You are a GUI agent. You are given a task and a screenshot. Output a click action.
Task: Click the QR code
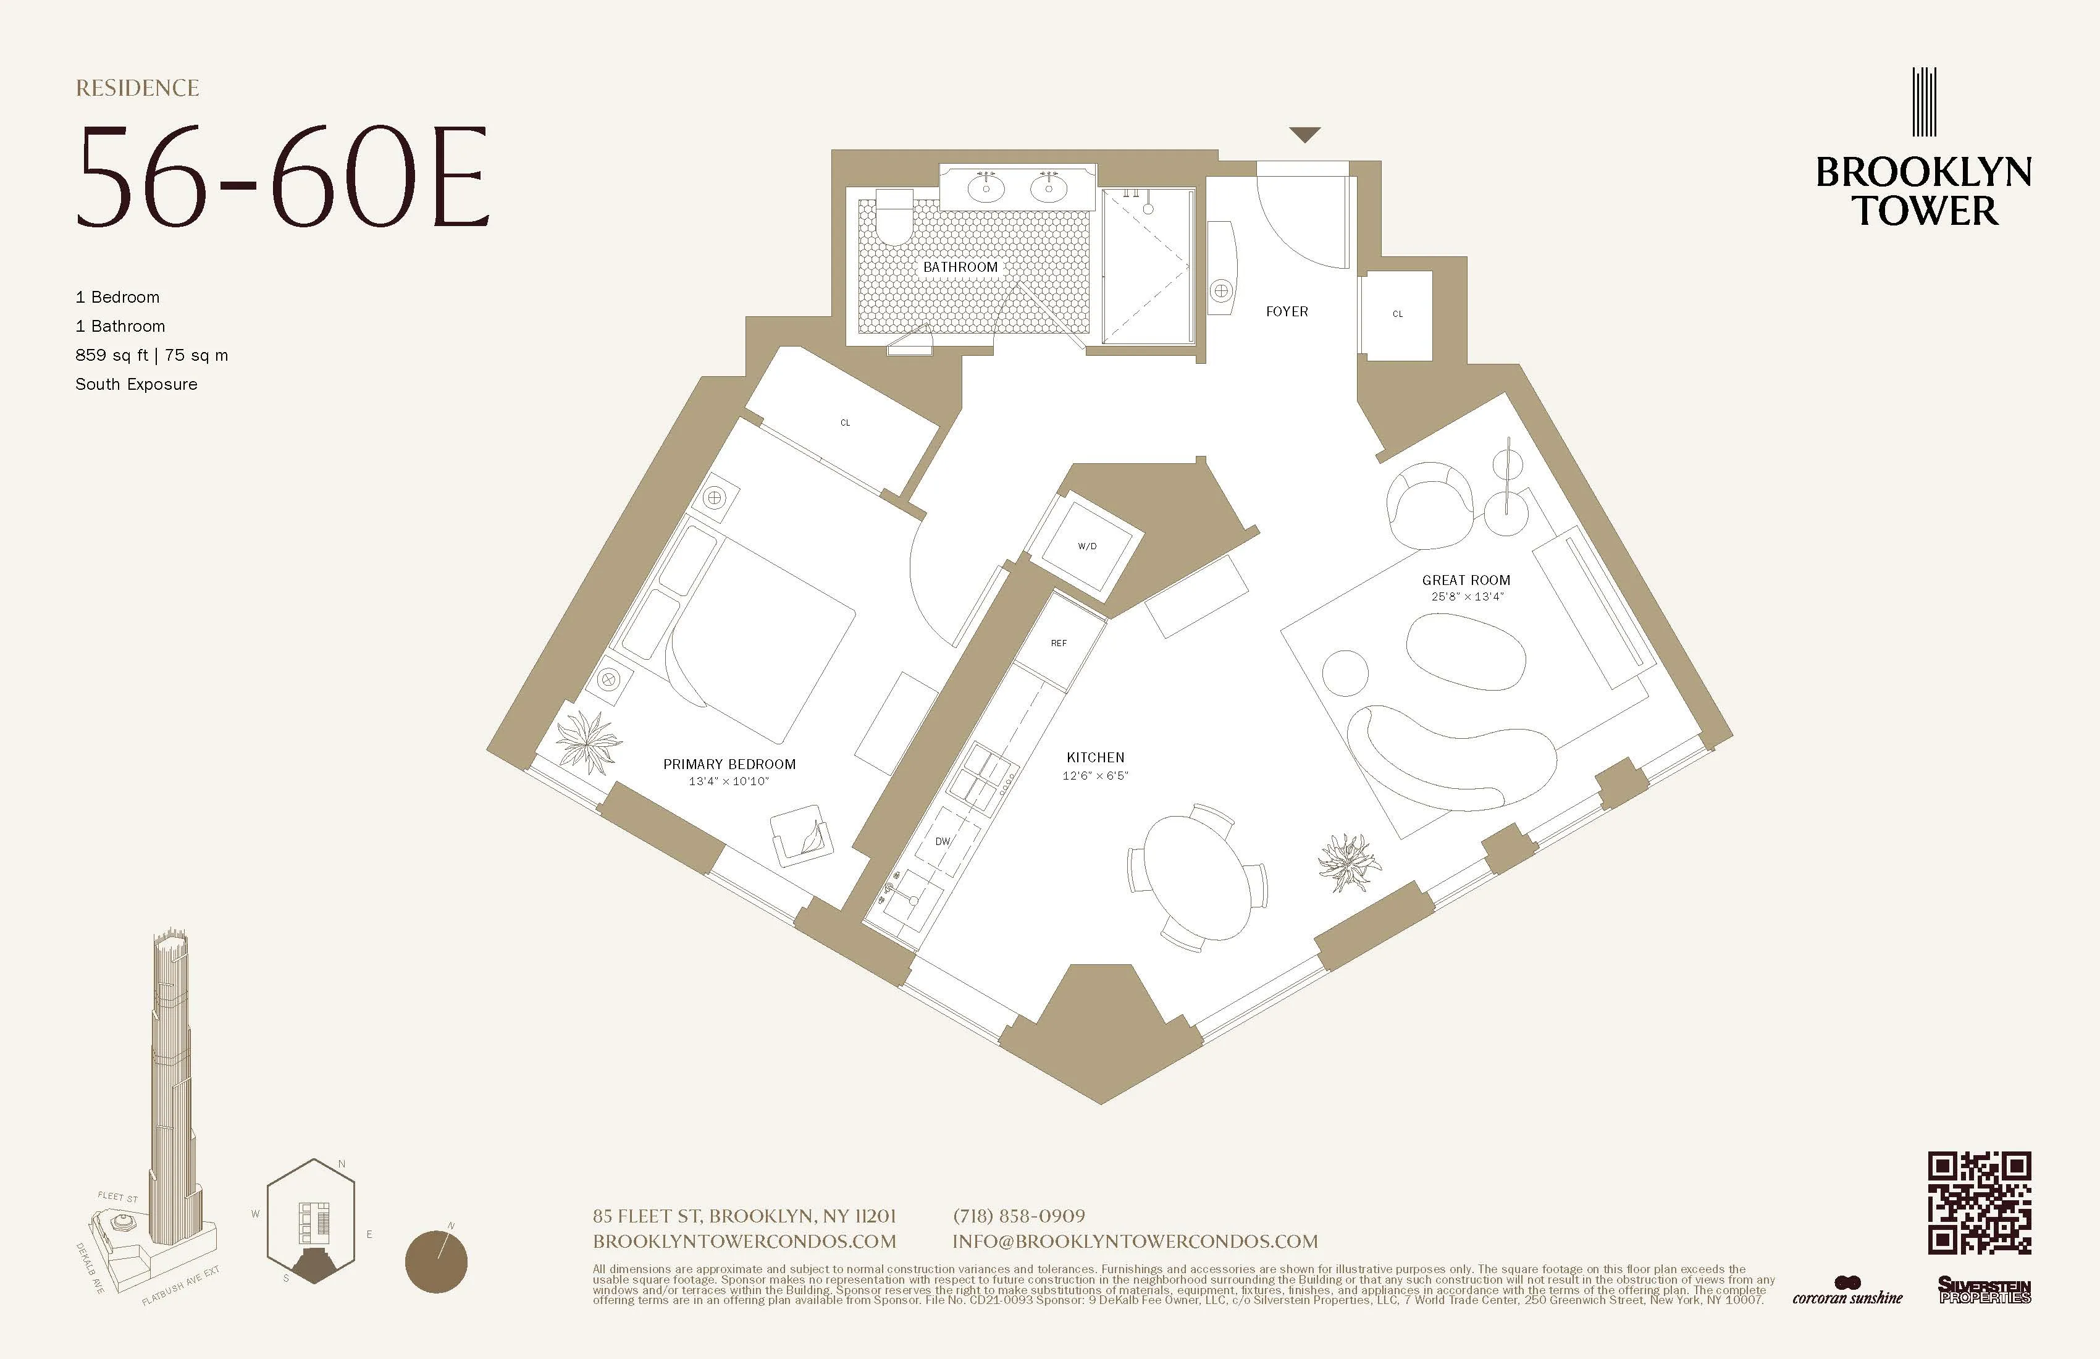[1979, 1203]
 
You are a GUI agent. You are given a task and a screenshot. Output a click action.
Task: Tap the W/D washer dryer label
[1087, 546]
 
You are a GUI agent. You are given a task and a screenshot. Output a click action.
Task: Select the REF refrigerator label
[1059, 643]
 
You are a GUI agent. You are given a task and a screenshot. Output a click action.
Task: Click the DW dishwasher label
[943, 841]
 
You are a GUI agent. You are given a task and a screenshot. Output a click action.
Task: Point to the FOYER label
[1287, 311]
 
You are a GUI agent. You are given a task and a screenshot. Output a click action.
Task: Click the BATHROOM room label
[960, 266]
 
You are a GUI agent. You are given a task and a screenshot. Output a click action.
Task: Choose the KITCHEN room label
[1095, 757]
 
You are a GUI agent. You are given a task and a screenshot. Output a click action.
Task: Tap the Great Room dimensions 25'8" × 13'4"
[1466, 597]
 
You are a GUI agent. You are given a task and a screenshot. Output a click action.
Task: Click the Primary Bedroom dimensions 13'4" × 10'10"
[729, 781]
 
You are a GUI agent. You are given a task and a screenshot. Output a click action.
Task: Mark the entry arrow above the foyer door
[1304, 134]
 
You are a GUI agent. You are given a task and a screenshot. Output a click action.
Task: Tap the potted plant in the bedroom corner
[586, 739]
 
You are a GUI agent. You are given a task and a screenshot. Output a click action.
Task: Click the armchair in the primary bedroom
[801, 835]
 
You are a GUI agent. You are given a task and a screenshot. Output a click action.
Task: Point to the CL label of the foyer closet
[1396, 313]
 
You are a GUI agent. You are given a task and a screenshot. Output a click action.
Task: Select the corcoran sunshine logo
[1847, 1291]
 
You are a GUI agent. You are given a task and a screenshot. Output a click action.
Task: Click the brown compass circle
[436, 1261]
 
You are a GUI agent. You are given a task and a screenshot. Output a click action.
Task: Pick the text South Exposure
[136, 384]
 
